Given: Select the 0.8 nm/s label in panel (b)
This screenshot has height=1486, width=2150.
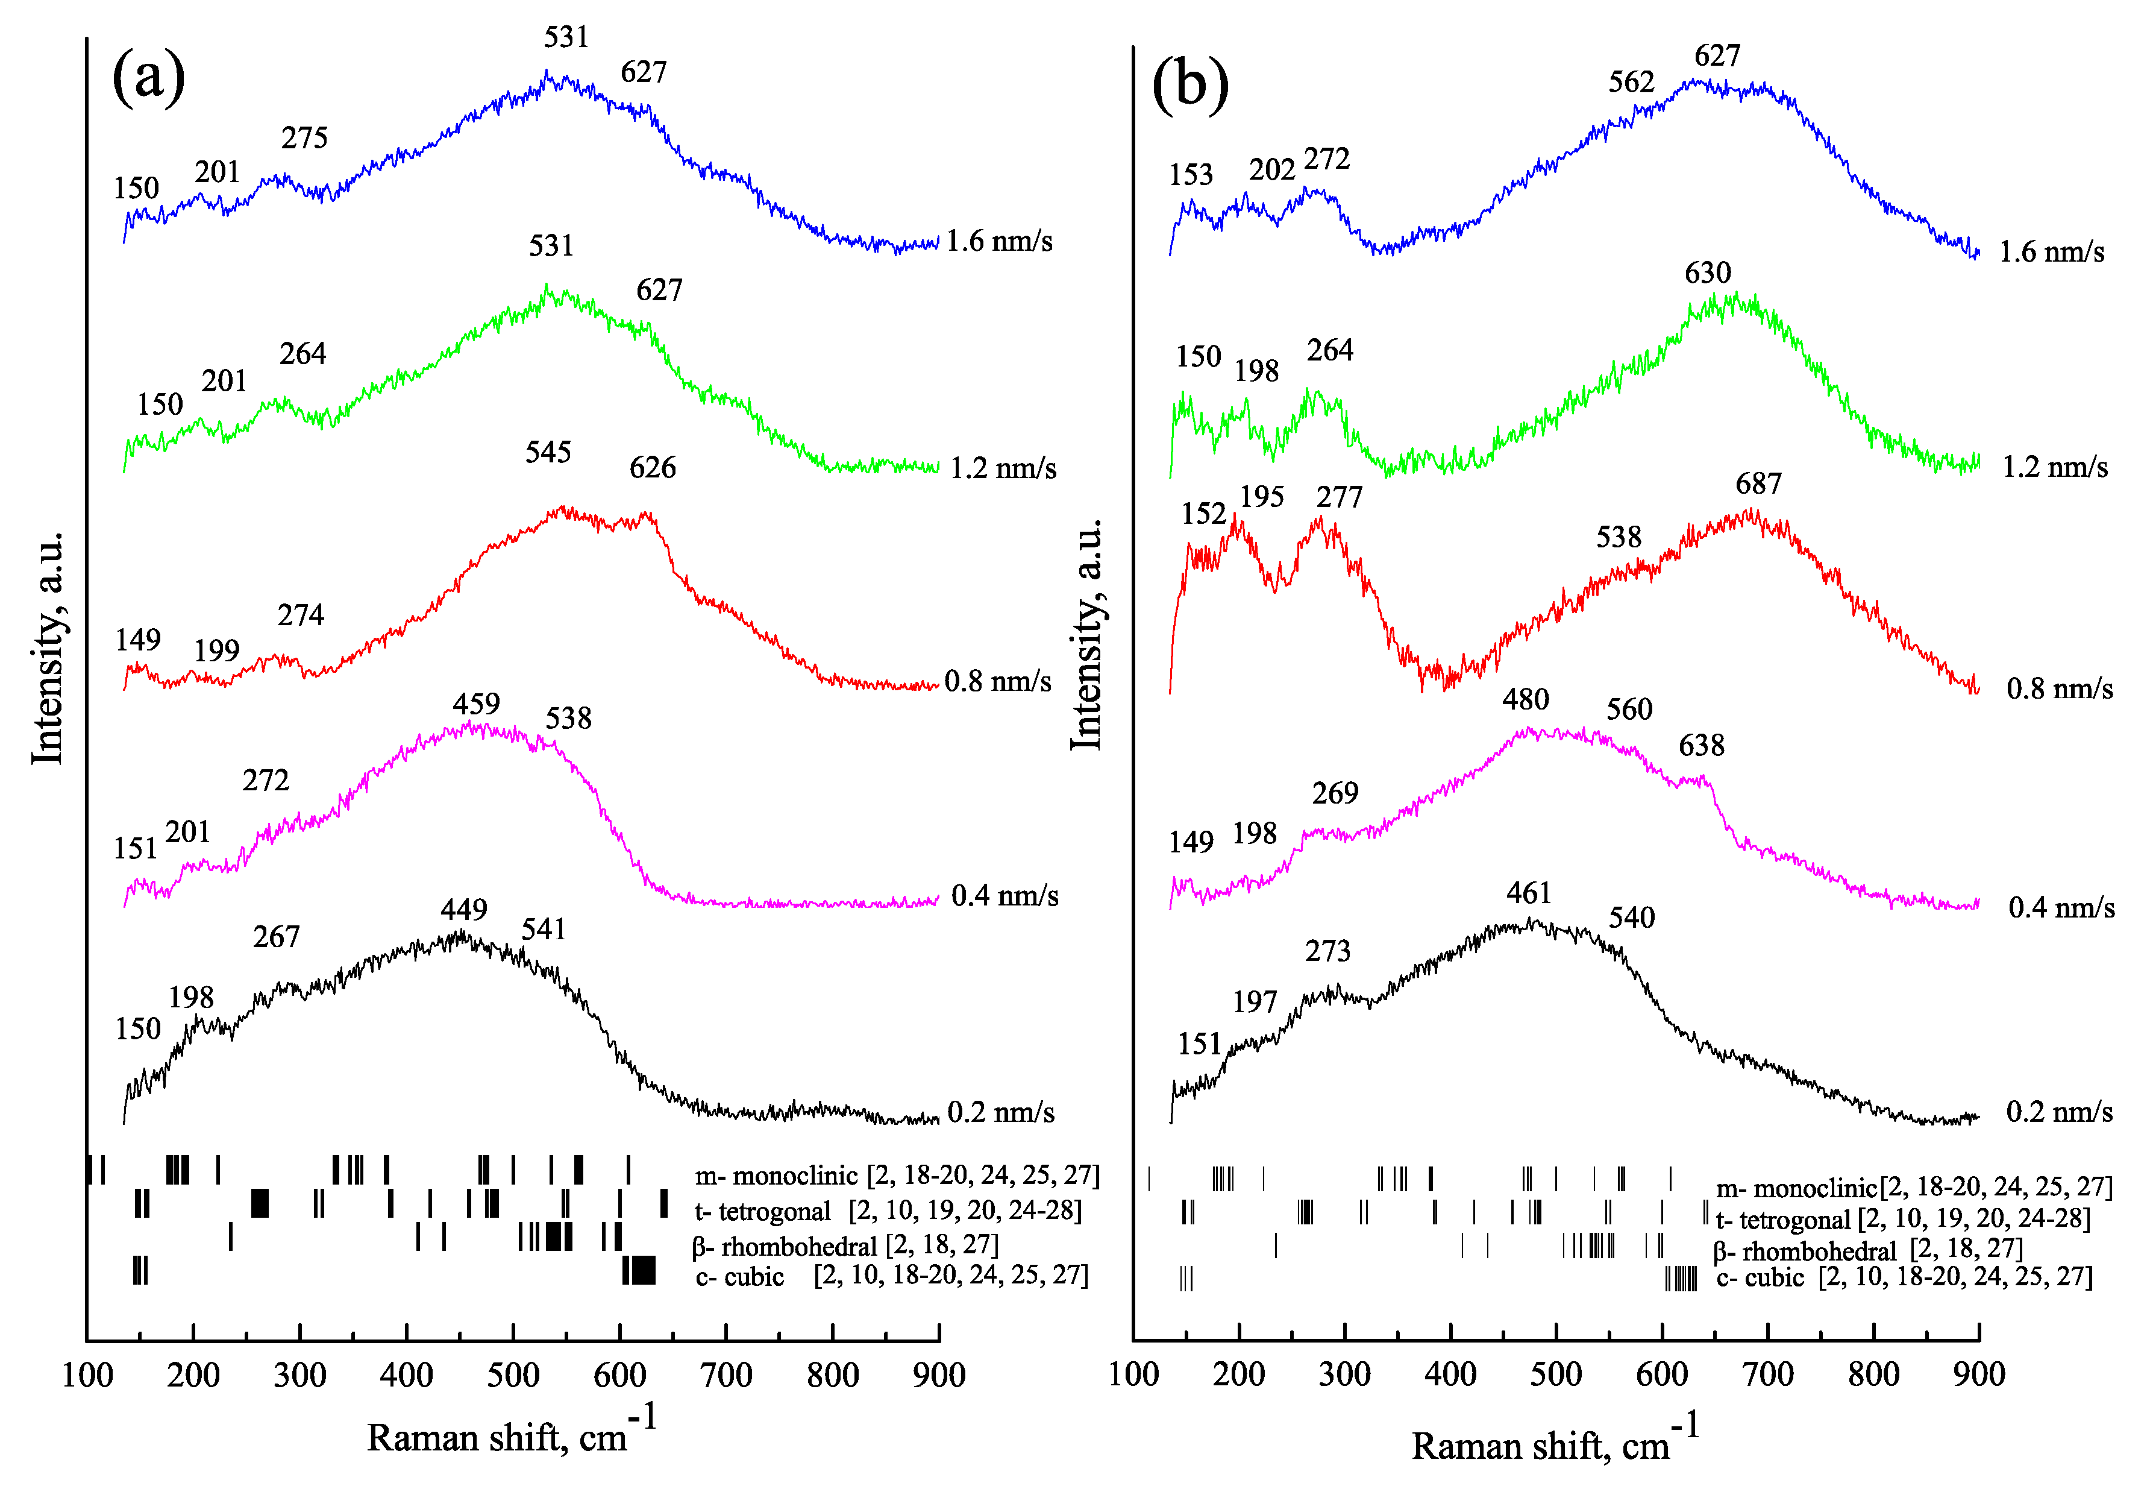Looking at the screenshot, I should click(2059, 689).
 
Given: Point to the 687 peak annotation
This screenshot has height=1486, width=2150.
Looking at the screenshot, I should click(1758, 484).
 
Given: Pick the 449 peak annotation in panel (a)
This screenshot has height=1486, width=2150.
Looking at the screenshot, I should click(463, 910).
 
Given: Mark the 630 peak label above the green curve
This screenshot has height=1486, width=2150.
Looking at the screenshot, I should click(1708, 273).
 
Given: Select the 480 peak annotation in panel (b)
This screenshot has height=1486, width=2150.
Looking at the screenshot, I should click(1526, 699).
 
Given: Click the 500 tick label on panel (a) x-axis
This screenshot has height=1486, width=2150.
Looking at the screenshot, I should click(513, 1375).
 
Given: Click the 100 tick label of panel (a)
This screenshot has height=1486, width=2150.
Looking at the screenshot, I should click(87, 1375).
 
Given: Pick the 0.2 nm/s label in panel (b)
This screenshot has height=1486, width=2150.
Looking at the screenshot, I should click(2059, 1113).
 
